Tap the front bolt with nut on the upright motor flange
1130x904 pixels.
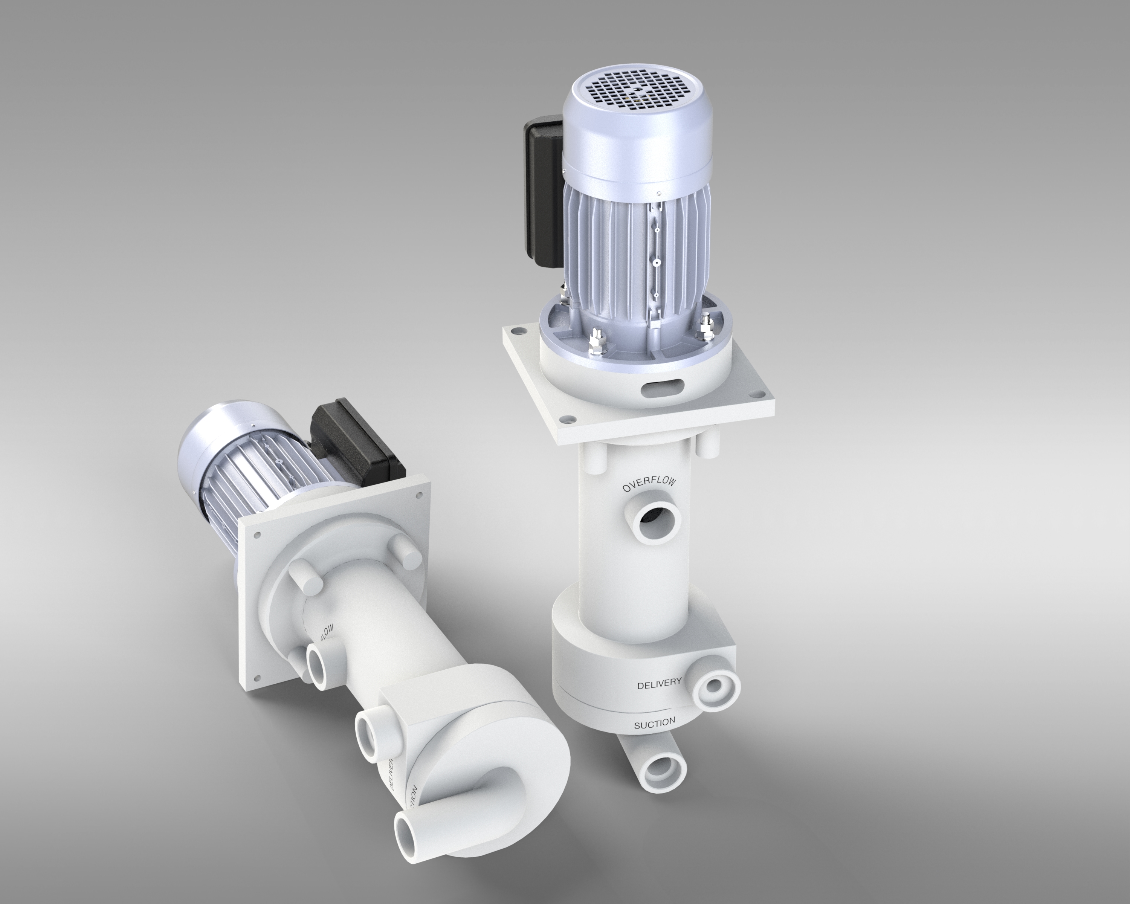(x=597, y=344)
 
